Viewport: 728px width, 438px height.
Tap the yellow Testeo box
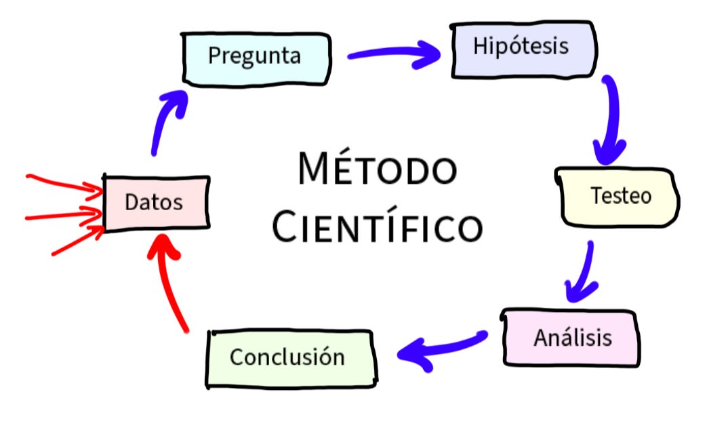[x=618, y=197]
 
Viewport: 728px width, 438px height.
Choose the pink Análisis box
[x=571, y=338]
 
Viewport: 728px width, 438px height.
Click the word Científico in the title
[x=377, y=227]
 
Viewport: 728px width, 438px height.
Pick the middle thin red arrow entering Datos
[x=64, y=216]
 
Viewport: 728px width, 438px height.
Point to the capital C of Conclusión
[x=237, y=357]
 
